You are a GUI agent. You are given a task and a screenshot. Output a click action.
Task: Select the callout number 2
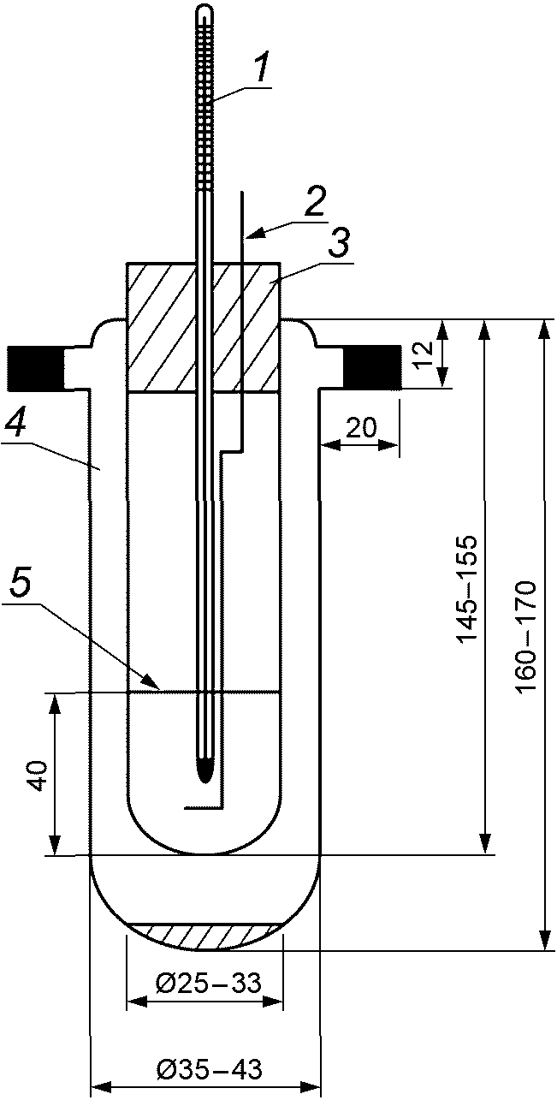pyautogui.click(x=315, y=204)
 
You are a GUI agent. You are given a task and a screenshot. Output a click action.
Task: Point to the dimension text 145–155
pyautogui.click(x=467, y=591)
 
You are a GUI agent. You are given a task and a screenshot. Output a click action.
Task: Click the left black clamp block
pyautogui.click(x=35, y=366)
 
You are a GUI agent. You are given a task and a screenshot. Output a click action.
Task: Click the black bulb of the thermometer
pyautogui.click(x=204, y=769)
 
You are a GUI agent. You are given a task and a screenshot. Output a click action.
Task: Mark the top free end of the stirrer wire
pyautogui.click(x=242, y=192)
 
